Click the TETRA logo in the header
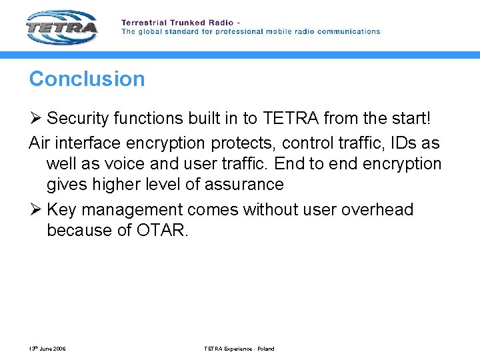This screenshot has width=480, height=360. click(x=62, y=27)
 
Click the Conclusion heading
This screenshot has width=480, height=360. click(x=87, y=79)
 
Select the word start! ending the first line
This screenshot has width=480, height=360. click(x=407, y=119)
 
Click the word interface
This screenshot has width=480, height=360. click(x=85, y=143)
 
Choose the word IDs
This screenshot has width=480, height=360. click(x=401, y=143)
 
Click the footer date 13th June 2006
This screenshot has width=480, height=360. click(x=47, y=349)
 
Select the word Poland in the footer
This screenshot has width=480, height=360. click(x=264, y=349)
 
